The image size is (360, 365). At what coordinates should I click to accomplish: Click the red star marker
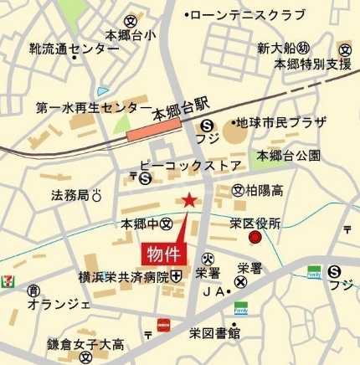point(189,199)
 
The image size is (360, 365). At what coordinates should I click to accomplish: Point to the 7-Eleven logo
point(8,278)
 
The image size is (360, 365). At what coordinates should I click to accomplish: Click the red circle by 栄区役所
point(255,239)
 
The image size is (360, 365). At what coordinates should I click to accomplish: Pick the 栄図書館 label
point(215,333)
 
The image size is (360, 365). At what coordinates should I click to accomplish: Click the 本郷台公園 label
point(288,156)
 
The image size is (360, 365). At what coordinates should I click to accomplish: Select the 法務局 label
point(69,196)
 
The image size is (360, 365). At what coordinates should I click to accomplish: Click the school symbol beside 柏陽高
point(238,189)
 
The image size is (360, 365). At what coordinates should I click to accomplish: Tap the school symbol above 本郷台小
point(130,20)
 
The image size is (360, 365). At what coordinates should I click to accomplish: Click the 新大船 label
point(276,46)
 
